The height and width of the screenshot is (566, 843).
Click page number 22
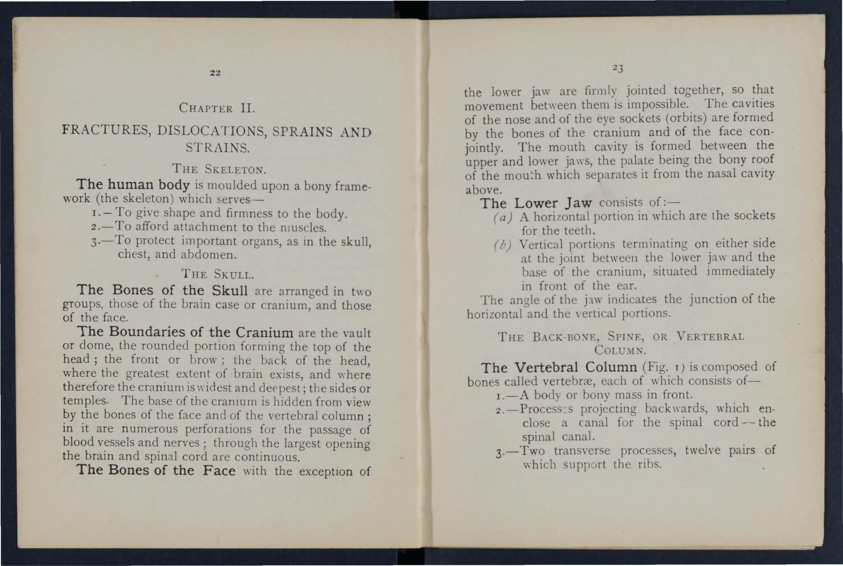[x=215, y=73]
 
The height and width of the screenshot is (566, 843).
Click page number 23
[x=618, y=68]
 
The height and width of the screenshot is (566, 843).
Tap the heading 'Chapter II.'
[x=217, y=108]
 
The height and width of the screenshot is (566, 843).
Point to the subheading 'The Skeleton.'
[x=219, y=169]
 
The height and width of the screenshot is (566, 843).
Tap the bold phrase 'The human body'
[x=133, y=185]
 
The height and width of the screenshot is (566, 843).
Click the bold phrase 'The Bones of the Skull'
[x=162, y=290]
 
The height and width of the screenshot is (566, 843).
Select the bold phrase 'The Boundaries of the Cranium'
[x=185, y=332]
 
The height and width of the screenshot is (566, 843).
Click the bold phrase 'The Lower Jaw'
[x=536, y=203]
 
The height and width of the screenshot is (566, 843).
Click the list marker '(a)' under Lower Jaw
[x=502, y=218]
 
